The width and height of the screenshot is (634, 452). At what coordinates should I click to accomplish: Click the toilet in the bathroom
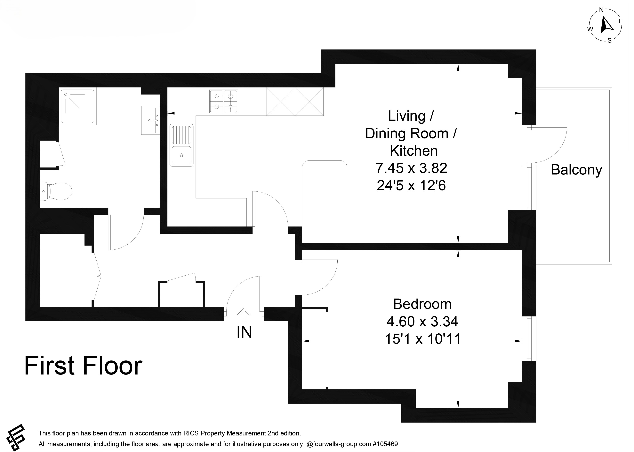click(56, 191)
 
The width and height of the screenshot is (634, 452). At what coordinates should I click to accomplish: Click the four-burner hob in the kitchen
click(224, 101)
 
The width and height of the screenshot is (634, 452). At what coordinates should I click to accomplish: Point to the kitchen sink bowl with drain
click(181, 155)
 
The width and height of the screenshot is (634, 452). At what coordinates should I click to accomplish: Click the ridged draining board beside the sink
click(181, 135)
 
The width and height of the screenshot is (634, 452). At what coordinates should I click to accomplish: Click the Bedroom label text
click(422, 304)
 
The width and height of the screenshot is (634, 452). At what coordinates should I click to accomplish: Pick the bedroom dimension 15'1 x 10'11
click(423, 339)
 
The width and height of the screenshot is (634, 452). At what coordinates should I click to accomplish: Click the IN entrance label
click(244, 332)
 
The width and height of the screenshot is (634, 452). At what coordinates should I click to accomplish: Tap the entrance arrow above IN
click(244, 315)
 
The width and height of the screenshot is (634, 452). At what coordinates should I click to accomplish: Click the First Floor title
click(83, 366)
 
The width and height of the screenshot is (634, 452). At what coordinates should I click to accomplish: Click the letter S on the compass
click(609, 41)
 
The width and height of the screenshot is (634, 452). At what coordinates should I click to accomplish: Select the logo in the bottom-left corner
click(16, 438)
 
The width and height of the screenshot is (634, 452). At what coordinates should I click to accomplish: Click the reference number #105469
click(385, 444)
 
